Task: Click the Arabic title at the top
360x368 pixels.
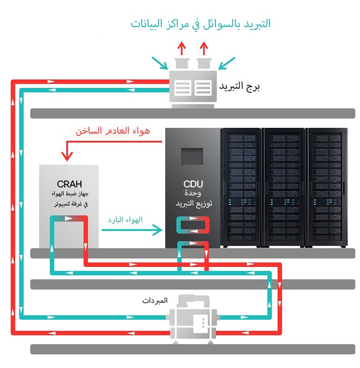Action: point(201,24)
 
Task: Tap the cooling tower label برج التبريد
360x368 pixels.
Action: point(240,87)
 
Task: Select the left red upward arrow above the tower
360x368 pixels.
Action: point(180,48)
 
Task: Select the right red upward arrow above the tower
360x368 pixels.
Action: point(203,48)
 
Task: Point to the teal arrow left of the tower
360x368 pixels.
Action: point(158,63)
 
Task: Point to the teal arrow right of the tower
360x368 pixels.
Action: point(227,63)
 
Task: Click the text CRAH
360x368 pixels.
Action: point(69,184)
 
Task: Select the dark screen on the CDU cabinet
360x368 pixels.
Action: point(192,156)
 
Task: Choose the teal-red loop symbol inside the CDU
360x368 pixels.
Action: point(193,225)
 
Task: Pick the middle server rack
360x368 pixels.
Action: point(285,188)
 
